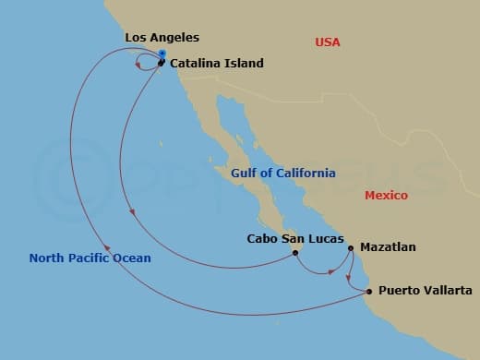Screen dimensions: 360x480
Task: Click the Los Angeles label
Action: (x=162, y=38)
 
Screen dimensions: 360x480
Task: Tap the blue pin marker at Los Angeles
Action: (x=162, y=54)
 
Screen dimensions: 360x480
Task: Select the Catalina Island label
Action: (x=217, y=64)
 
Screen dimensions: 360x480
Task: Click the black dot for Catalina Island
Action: (x=161, y=63)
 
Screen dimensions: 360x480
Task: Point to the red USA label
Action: (x=328, y=42)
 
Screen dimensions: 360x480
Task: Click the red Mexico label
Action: (x=386, y=195)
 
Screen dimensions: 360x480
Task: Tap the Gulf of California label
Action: (x=283, y=173)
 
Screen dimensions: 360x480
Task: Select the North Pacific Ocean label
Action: (x=90, y=258)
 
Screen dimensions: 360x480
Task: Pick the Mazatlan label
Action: (x=388, y=247)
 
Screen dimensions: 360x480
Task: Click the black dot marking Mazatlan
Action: (x=351, y=247)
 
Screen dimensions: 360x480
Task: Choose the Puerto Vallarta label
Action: (x=426, y=291)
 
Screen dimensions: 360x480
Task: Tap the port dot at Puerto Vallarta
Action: (x=369, y=292)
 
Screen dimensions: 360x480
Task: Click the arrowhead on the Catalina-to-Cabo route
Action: (x=134, y=214)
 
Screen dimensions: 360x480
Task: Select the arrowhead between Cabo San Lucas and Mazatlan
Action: (x=332, y=271)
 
